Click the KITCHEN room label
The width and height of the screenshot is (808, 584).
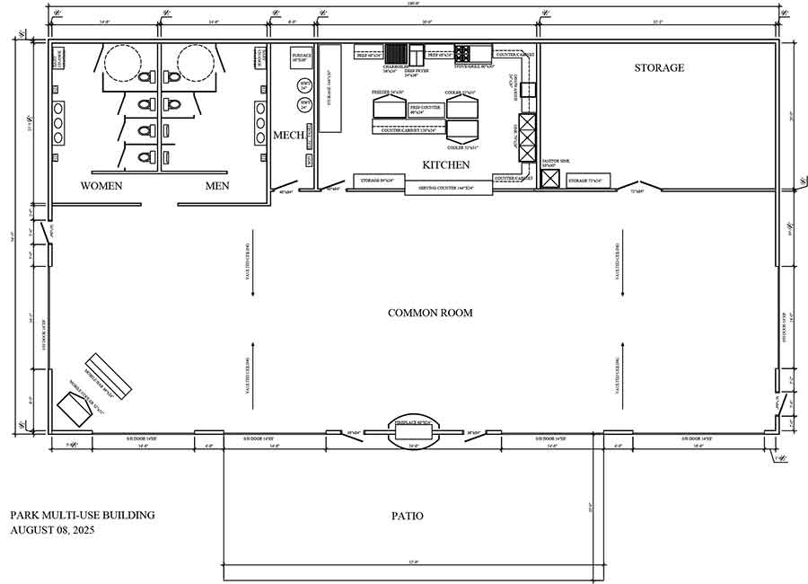(x=446, y=164)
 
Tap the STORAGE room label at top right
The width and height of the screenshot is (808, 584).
(x=659, y=67)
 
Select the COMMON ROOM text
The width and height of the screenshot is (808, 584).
(x=430, y=313)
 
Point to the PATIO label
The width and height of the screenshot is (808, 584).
(x=407, y=516)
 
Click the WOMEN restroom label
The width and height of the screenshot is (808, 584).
(x=101, y=186)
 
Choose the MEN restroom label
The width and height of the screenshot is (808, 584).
(x=217, y=186)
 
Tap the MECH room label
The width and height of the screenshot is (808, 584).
(x=288, y=136)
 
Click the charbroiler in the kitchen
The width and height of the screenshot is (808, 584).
(x=396, y=52)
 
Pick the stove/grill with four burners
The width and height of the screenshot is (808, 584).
(x=462, y=52)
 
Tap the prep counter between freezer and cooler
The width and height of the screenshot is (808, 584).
(x=426, y=111)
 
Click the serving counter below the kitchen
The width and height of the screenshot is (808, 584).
(x=449, y=187)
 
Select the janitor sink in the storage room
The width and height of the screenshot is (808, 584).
(x=549, y=178)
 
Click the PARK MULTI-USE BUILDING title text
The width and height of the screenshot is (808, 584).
(x=82, y=515)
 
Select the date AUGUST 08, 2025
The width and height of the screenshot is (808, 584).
(x=52, y=530)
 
